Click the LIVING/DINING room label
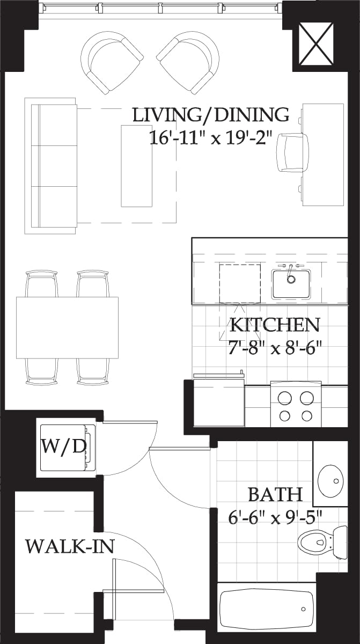click(x=210, y=115)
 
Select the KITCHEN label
click(x=275, y=325)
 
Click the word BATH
click(x=275, y=494)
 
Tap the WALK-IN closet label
click(x=70, y=546)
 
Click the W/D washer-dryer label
click(x=63, y=447)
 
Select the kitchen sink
click(x=291, y=283)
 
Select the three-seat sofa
click(x=52, y=166)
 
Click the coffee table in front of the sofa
click(x=136, y=166)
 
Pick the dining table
click(x=67, y=327)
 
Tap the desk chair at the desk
click(x=292, y=152)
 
